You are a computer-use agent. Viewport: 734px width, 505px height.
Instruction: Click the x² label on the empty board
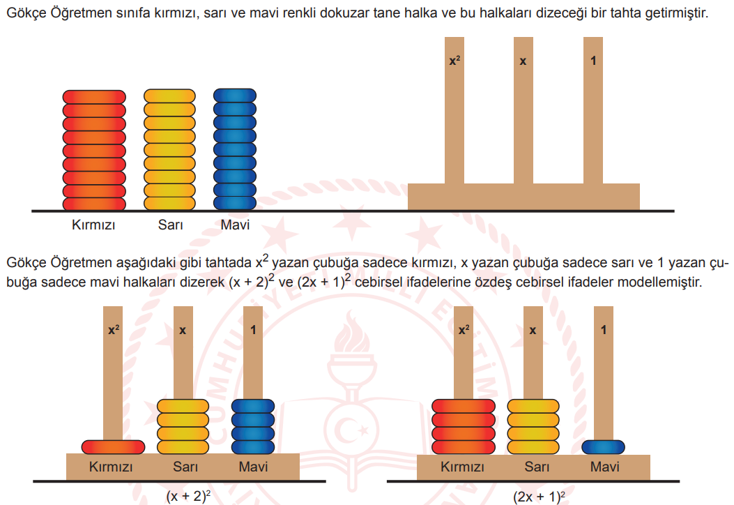coord(454,61)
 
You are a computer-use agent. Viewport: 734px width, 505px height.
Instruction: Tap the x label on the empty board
coord(523,61)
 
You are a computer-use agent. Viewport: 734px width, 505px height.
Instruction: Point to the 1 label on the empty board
coord(593,61)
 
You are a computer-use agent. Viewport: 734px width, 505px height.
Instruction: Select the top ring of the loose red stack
coord(94,96)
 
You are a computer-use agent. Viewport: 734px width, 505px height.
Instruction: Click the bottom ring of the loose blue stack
coord(235,203)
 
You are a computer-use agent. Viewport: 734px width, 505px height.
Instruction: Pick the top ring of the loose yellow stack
coord(169,96)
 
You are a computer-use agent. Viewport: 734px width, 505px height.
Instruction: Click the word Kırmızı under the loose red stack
coord(93,225)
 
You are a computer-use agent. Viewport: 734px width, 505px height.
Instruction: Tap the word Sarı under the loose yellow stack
coord(169,225)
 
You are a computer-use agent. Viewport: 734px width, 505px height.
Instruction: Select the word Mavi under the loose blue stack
coord(235,225)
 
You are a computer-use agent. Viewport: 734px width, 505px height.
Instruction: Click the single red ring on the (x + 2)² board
coord(113,446)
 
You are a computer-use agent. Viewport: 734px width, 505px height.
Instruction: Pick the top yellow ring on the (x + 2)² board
coord(183,406)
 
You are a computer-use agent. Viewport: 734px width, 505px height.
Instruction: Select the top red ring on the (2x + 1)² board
coord(463,406)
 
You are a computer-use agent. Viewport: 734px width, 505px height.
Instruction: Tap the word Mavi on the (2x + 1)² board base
coord(604,467)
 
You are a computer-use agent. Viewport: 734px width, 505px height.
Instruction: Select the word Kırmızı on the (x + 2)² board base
coord(111,467)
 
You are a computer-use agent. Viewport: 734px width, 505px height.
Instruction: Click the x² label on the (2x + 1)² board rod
coord(464,330)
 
